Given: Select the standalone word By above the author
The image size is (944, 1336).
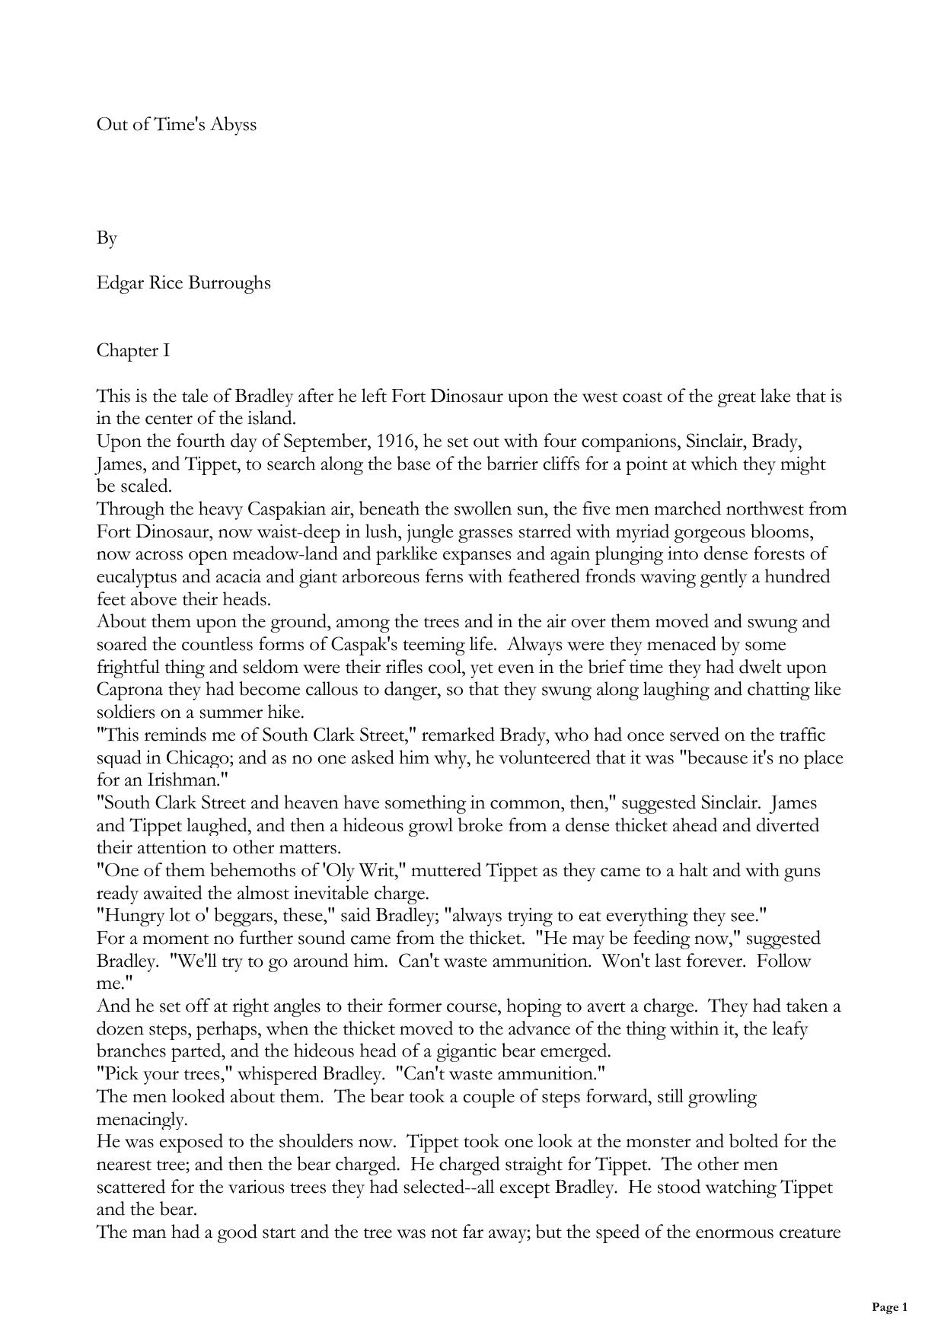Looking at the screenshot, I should coord(107,238).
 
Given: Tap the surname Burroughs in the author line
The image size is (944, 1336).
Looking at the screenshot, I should coord(230,283).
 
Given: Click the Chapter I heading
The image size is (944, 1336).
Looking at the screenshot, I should coord(133,351).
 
